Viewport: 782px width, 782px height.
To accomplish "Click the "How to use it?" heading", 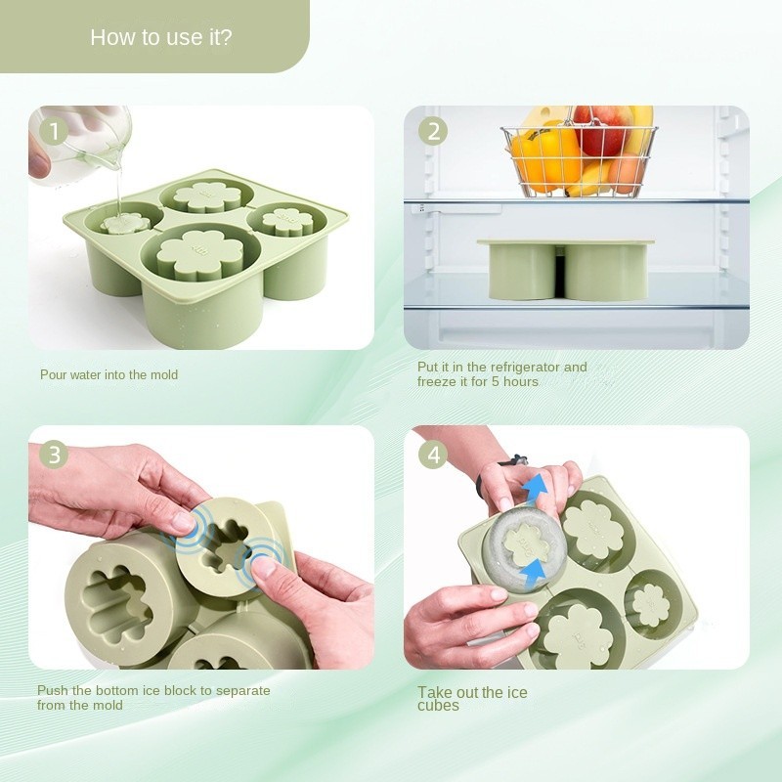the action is [x=161, y=37].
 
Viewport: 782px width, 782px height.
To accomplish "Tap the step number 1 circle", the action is [x=54, y=132].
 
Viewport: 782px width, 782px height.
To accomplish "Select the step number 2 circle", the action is [x=433, y=132].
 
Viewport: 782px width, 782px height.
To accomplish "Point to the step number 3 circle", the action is [x=54, y=455].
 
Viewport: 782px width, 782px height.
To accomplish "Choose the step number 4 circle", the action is [x=433, y=455].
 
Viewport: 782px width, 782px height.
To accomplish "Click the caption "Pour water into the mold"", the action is [x=109, y=374].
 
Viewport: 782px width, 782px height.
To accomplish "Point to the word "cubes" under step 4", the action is [x=438, y=705].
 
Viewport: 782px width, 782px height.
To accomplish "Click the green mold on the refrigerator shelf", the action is [x=566, y=270].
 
